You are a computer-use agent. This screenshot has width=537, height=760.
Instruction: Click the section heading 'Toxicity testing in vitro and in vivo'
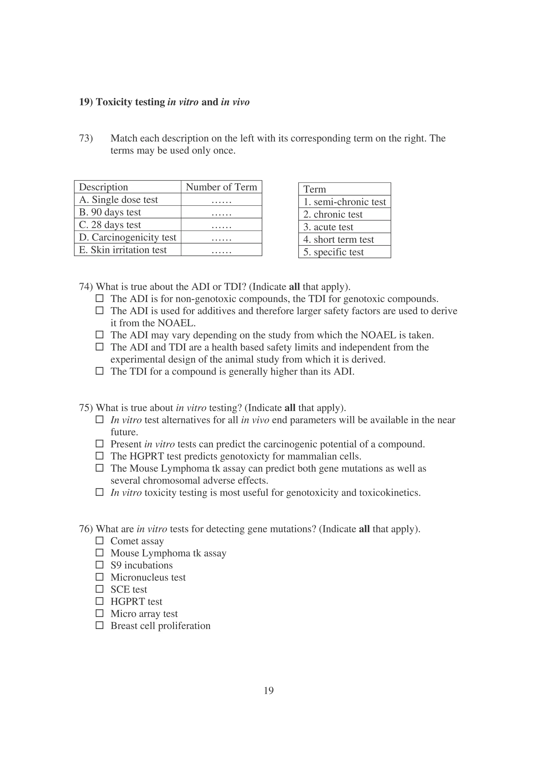click(164, 102)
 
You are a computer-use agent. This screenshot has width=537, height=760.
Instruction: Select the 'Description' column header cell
click(104, 187)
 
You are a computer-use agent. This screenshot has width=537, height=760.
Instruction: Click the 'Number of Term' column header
click(221, 187)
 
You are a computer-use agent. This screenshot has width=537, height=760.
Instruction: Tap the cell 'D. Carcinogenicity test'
click(128, 237)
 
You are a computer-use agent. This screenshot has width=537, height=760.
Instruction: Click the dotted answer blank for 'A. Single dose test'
click(221, 200)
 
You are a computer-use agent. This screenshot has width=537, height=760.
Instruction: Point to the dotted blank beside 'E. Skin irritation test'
click(221, 250)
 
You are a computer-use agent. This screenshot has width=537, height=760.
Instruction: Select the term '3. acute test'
click(328, 227)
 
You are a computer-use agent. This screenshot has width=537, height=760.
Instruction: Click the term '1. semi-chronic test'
click(345, 202)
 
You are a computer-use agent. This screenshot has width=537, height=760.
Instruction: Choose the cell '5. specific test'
click(333, 252)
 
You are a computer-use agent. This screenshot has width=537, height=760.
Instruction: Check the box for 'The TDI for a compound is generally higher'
click(99, 371)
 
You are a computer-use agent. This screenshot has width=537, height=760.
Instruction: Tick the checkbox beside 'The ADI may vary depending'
click(99, 335)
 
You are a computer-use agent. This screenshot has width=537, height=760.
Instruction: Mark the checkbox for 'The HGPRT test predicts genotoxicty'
click(99, 456)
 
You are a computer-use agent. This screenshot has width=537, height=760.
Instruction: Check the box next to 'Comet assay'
click(99, 540)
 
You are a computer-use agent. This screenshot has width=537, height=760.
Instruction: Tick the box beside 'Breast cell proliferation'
click(99, 625)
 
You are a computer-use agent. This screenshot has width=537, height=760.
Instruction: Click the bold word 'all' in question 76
click(364, 529)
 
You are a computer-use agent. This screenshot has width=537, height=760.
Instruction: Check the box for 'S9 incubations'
click(99, 565)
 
